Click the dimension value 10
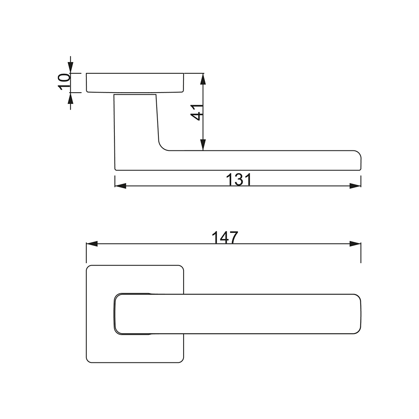64,82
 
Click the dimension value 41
197,112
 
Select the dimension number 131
239,180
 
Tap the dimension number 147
225,237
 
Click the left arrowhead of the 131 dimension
120,186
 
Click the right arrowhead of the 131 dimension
355,186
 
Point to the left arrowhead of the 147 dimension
92,244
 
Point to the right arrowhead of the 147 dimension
355,244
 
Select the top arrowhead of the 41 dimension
203,79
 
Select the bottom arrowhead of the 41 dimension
203,145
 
